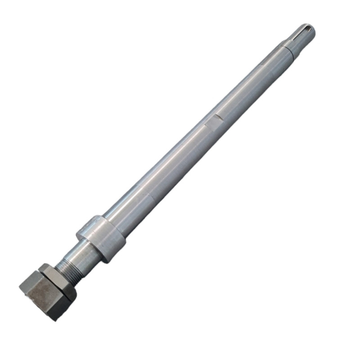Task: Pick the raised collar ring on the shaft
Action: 101,238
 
